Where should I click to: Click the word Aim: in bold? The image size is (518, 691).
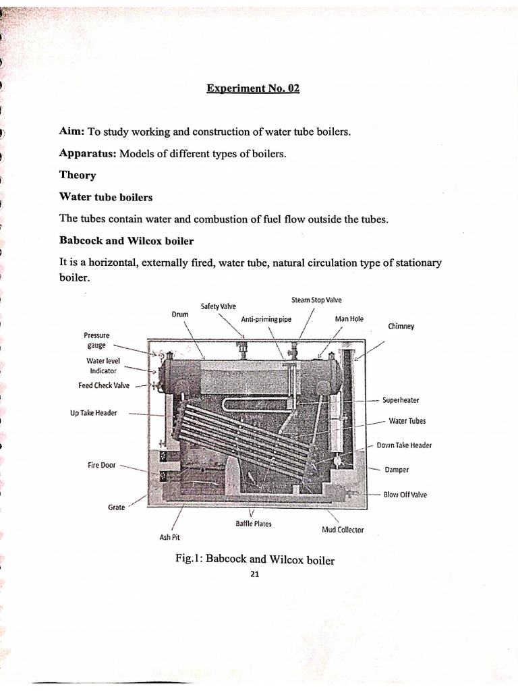[x=73, y=132]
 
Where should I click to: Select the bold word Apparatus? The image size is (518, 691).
[x=88, y=154]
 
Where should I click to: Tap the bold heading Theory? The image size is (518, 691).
[x=78, y=175]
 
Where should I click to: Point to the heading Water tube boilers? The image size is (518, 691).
[x=106, y=197]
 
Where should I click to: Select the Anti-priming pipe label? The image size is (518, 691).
[x=266, y=319]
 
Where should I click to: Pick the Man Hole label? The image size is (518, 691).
[x=349, y=319]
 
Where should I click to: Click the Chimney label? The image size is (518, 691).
[x=401, y=327]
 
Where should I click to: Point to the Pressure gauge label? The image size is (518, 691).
[x=96, y=340]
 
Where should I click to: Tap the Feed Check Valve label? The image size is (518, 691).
[x=104, y=386]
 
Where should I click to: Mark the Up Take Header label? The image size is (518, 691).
[x=93, y=413]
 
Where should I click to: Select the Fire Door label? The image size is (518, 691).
[x=103, y=466]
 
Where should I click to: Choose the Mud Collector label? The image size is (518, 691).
[x=343, y=530]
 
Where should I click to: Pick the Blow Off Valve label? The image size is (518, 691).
[x=405, y=495]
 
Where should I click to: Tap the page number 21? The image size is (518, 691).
[x=255, y=574]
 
